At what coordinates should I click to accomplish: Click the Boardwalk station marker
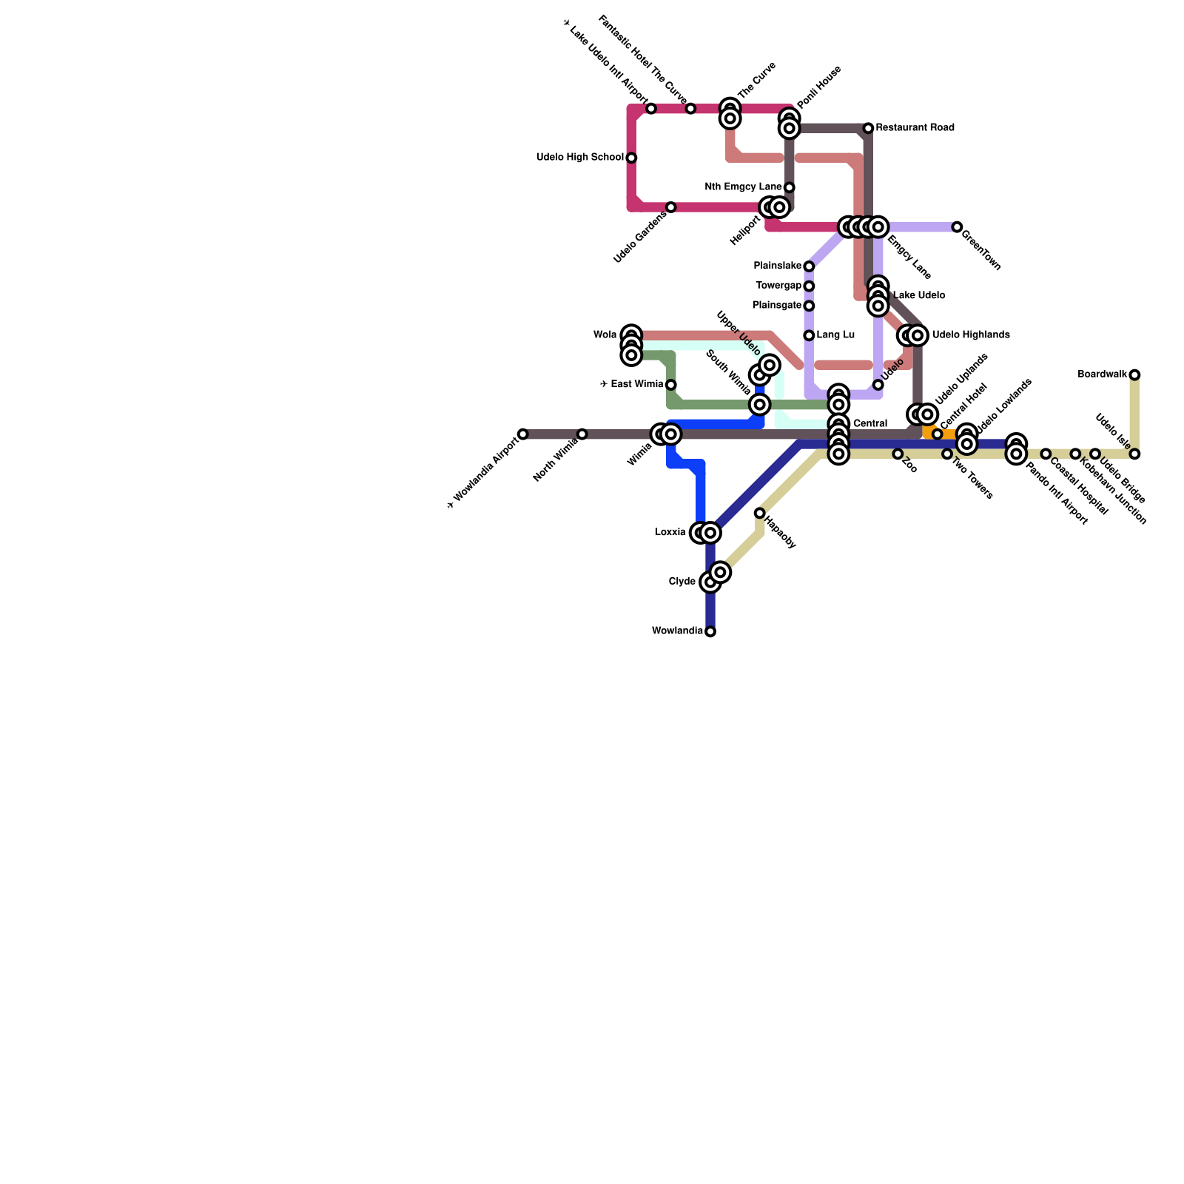click(x=1134, y=375)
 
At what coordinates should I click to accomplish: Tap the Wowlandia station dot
click(x=710, y=632)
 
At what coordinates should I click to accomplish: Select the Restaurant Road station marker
click(x=868, y=129)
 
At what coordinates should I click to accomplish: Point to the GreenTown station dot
click(x=957, y=227)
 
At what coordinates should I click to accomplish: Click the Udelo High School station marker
click(x=631, y=158)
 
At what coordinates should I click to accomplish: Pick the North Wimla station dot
click(x=582, y=434)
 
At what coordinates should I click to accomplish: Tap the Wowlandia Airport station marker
click(x=523, y=434)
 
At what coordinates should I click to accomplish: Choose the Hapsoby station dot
click(x=759, y=513)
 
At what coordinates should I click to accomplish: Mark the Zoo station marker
click(x=898, y=454)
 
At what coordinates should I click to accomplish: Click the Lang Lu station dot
click(x=809, y=336)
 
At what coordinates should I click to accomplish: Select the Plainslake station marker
click(x=809, y=266)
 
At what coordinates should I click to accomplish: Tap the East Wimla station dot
click(x=670, y=385)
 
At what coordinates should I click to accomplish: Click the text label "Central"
click(x=869, y=424)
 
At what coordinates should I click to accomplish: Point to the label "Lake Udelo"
click(x=918, y=296)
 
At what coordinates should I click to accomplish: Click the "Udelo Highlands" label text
click(x=971, y=335)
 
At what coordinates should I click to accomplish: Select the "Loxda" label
click(x=670, y=532)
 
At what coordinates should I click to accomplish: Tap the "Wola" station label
click(x=605, y=335)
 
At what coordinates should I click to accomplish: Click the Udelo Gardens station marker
click(x=670, y=207)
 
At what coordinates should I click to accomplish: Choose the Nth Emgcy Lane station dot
click(x=789, y=187)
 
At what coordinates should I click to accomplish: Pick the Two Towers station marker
click(x=947, y=454)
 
